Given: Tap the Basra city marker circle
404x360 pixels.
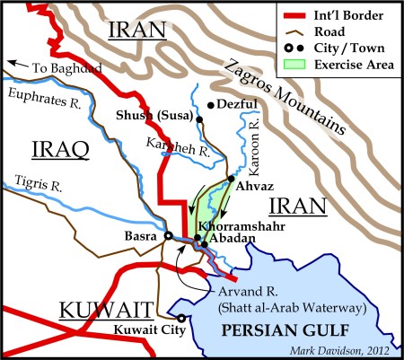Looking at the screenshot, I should click(167, 236).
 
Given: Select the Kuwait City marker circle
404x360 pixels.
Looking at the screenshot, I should click(181, 318).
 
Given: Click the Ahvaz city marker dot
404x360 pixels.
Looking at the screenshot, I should click(231, 180).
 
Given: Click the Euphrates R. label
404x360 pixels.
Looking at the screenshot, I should click(38, 92).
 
